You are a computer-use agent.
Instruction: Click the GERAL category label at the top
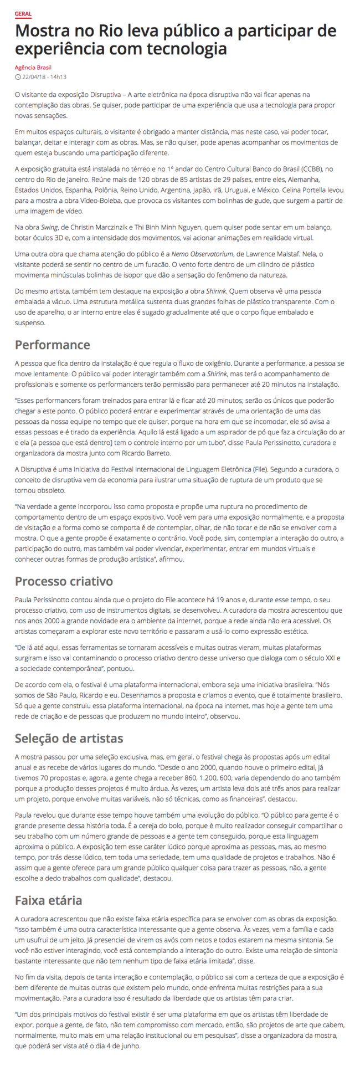click(x=23, y=13)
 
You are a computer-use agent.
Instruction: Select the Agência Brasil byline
click(x=33, y=68)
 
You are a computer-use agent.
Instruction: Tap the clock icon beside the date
click(x=18, y=76)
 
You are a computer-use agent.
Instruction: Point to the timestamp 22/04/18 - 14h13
click(x=44, y=76)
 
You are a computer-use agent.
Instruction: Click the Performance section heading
click(x=52, y=345)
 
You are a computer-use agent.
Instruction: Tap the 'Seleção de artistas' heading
click(x=69, y=738)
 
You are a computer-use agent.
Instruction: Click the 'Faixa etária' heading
click(x=48, y=899)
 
